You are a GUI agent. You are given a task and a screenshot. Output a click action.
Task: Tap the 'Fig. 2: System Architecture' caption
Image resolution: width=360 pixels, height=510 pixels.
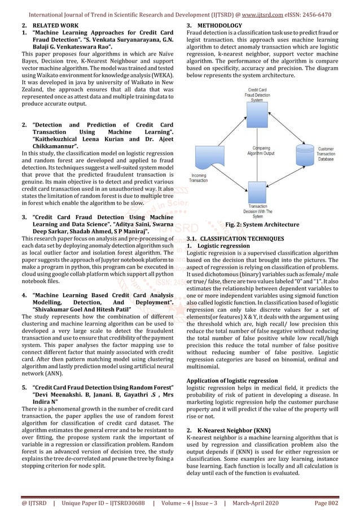click(262, 224)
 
